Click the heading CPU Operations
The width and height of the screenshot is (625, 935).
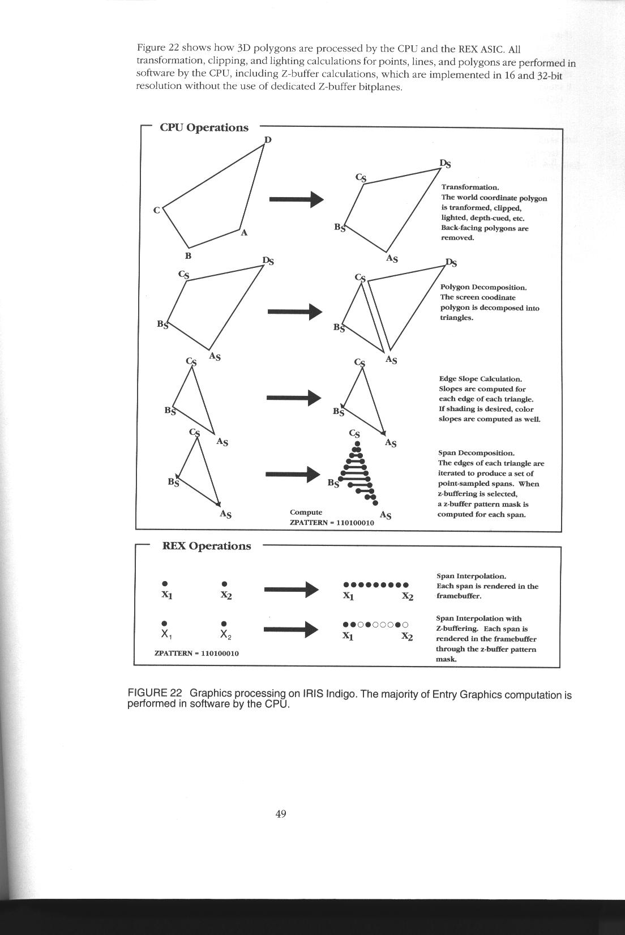[204, 127]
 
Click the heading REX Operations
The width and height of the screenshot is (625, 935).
[206, 546]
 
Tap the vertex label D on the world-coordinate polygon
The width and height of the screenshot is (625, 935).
[268, 139]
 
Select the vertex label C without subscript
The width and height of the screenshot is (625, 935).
[156, 210]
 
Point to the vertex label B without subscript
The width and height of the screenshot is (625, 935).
[188, 255]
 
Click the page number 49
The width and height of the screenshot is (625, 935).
[281, 814]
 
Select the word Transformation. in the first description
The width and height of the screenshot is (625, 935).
[470, 187]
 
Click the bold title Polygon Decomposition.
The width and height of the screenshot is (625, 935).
[483, 287]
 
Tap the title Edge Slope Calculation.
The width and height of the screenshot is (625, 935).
[481, 379]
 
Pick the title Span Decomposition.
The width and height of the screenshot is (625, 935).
[476, 453]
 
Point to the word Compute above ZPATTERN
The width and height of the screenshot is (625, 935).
[306, 512]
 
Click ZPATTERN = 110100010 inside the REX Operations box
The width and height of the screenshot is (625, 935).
[196, 653]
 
